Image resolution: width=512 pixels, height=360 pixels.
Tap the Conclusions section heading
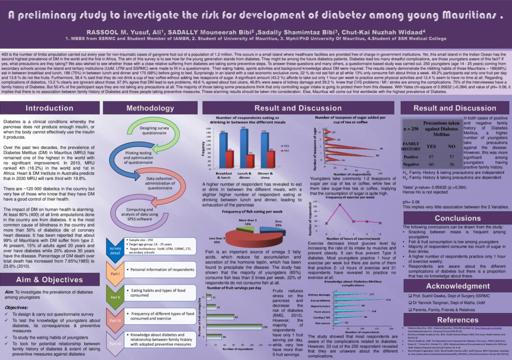tap(458, 218)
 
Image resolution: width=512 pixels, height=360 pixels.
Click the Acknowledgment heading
tap(458, 286)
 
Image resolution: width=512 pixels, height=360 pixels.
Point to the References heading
tap(458, 318)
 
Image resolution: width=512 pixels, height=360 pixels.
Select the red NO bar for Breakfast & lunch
tap(229, 158)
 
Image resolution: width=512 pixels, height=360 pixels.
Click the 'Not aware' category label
tap(323, 323)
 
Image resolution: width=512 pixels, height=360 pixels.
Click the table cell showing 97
tap(430, 157)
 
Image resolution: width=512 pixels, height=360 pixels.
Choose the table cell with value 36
tap(452, 164)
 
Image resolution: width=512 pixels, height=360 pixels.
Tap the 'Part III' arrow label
tap(115, 321)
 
